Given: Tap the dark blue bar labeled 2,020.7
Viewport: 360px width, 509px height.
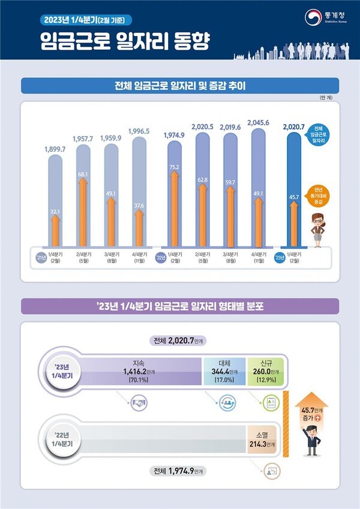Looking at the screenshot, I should click(x=293, y=192).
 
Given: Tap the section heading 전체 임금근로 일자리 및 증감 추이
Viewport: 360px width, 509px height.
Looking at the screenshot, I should click(x=180, y=86).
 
